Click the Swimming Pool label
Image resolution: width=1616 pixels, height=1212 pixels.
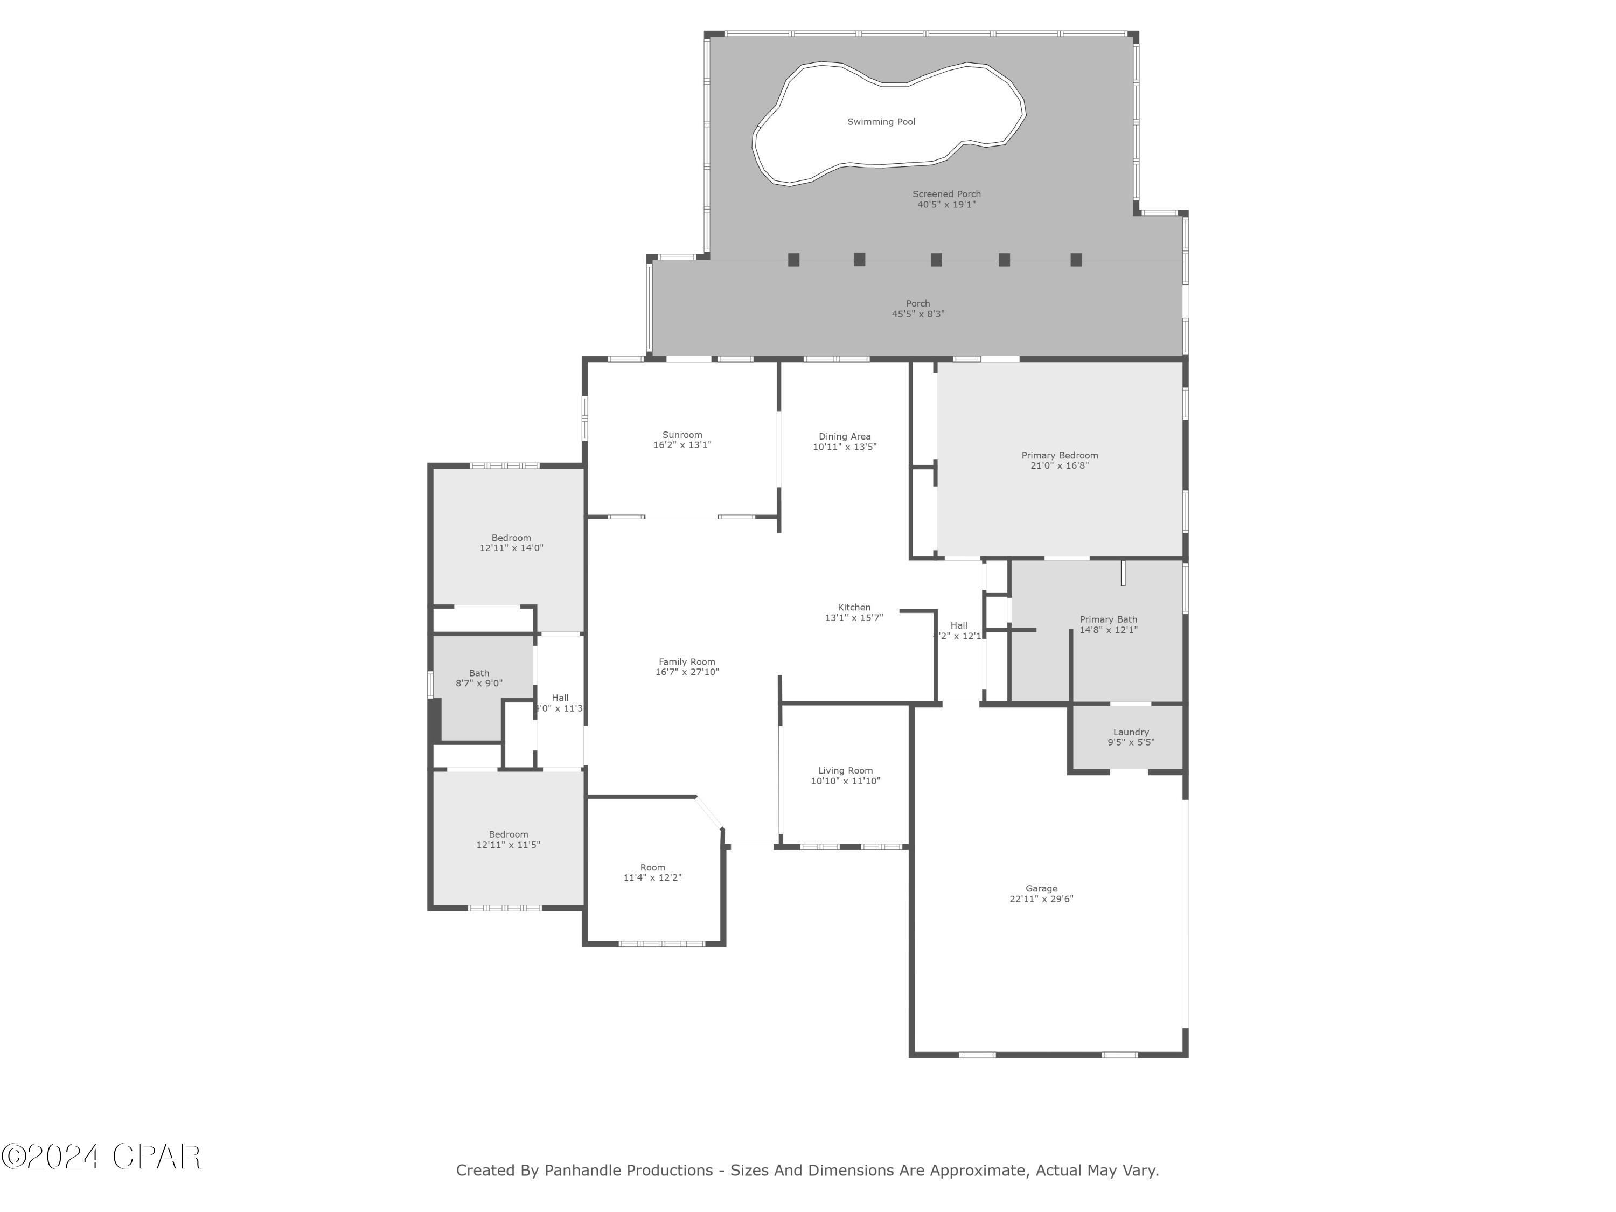click(x=881, y=122)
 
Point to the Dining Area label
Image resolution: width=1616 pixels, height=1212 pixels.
click(x=845, y=436)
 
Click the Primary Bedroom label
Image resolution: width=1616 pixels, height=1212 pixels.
click(x=1060, y=455)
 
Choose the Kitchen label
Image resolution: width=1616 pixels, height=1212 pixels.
click(x=854, y=607)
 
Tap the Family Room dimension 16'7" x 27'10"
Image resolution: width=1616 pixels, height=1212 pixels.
click(x=687, y=672)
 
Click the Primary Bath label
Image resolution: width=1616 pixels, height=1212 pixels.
click(x=1108, y=619)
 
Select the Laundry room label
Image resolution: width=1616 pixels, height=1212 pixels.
click(x=1131, y=732)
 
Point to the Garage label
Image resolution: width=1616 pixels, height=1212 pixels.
click(x=1041, y=888)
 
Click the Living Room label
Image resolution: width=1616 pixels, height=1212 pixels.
click(x=845, y=771)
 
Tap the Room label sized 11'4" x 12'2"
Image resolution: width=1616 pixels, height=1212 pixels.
click(x=652, y=868)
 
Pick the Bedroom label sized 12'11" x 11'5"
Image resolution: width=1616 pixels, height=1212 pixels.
click(x=509, y=834)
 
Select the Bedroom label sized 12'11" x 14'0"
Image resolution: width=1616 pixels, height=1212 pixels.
click(x=511, y=538)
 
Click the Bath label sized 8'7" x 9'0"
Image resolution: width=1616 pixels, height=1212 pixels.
click(x=479, y=673)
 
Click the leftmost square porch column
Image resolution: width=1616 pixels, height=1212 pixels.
click(x=793, y=259)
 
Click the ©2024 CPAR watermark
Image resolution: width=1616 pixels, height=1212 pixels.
click(x=101, y=1157)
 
